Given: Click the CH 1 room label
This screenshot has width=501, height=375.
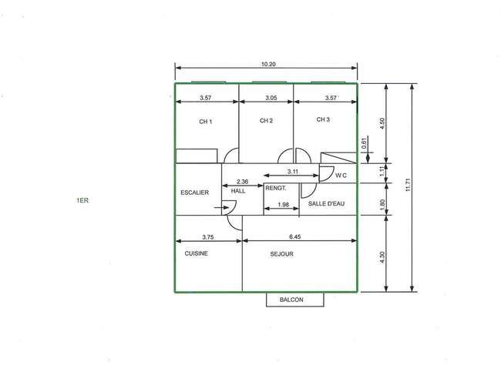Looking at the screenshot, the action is pyautogui.click(x=206, y=122).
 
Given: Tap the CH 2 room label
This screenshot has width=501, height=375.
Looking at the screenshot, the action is pyautogui.click(x=266, y=121).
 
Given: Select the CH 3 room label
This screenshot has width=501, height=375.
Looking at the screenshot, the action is pyautogui.click(x=323, y=119).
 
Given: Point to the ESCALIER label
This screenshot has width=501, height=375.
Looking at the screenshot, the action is pyautogui.click(x=194, y=193).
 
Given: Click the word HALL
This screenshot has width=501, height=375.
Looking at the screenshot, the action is pyautogui.click(x=238, y=191).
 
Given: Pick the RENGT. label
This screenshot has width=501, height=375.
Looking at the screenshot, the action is pyautogui.click(x=276, y=189).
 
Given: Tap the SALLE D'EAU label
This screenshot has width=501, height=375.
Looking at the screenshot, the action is pyautogui.click(x=326, y=203).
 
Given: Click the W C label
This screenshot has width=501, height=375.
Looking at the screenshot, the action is pyautogui.click(x=341, y=176).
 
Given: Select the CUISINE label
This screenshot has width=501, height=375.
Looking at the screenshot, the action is pyautogui.click(x=197, y=253).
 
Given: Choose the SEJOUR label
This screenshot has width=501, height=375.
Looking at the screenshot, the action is pyautogui.click(x=281, y=254).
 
